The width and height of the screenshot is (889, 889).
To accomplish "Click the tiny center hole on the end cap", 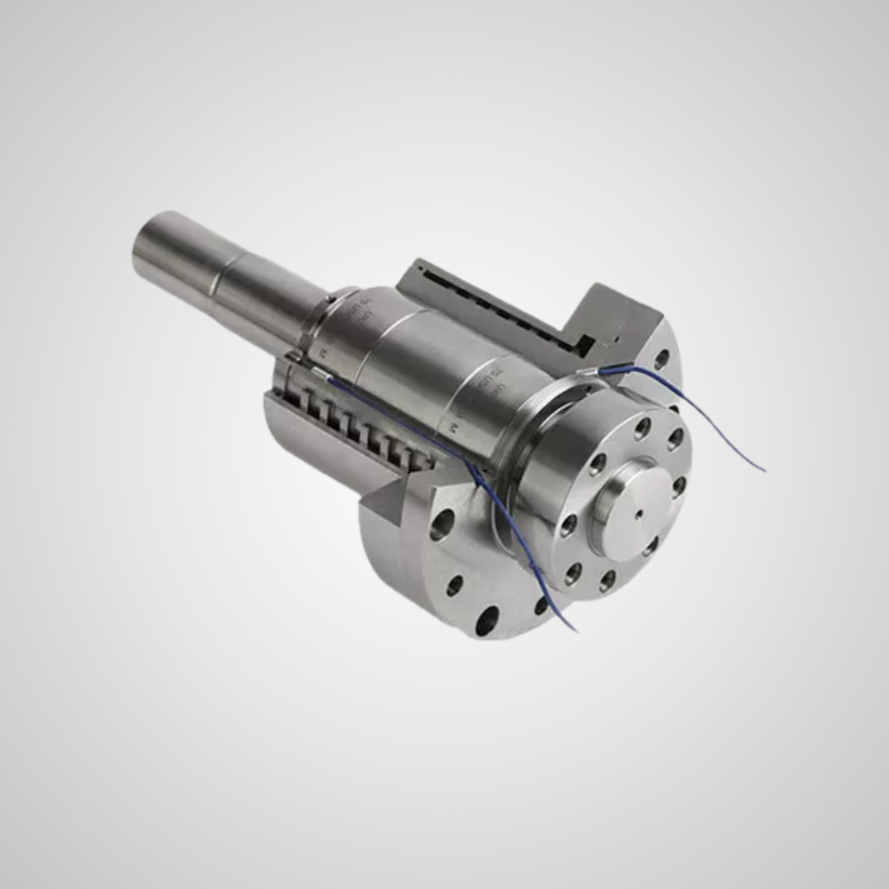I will point(639,514).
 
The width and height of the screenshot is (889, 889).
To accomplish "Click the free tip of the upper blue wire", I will point(764,470).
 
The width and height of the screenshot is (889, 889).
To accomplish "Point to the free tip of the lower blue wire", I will point(575,631).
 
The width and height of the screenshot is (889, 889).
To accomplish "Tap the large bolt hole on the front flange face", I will point(442,524).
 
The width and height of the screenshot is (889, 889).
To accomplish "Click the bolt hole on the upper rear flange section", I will point(661,359).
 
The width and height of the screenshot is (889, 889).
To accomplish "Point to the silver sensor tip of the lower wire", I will point(316,375).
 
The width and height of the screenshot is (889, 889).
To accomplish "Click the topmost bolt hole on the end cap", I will point(643,428).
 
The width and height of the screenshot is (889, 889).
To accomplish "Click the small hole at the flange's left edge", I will point(454,585).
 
